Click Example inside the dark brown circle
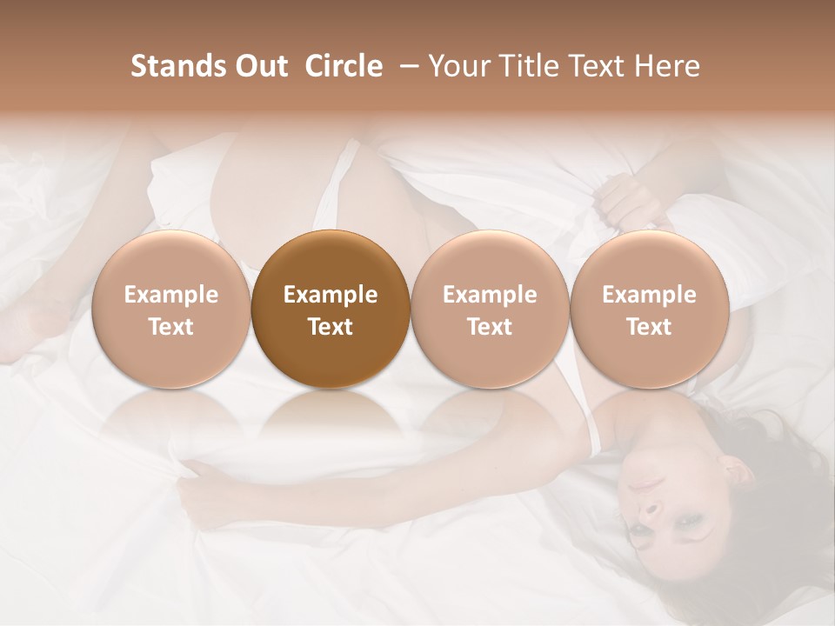(x=331, y=295)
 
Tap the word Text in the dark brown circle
(x=331, y=327)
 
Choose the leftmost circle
(x=170, y=310)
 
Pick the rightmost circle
(x=649, y=310)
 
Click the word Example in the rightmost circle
(x=649, y=295)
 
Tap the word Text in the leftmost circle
(x=170, y=327)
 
